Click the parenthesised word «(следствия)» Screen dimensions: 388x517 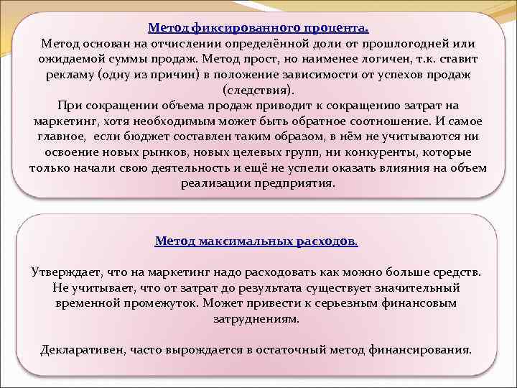point(258,91)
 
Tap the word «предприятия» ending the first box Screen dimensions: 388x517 point(299,183)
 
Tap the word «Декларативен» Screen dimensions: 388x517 point(82,350)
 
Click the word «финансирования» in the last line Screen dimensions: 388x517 point(421,350)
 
